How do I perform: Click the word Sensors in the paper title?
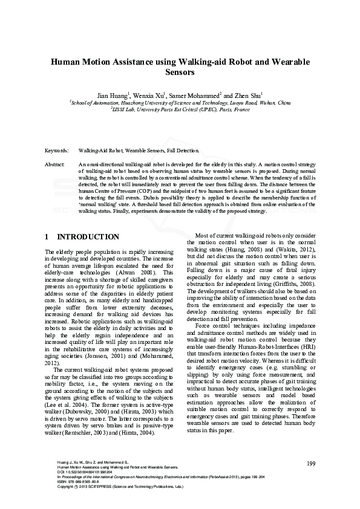(x=180, y=73)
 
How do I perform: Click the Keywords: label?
(x=56, y=149)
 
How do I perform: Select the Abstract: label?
(x=55, y=164)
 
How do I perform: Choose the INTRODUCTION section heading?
(x=87, y=237)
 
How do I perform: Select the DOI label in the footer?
(x=61, y=472)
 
